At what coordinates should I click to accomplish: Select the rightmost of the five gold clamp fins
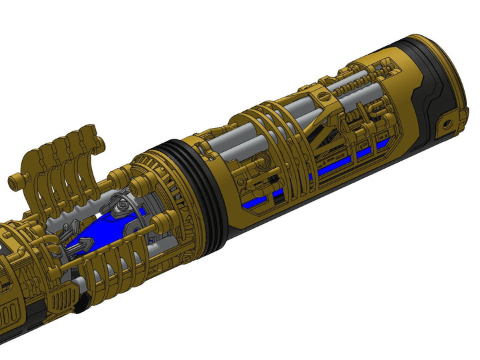pos(94,143)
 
